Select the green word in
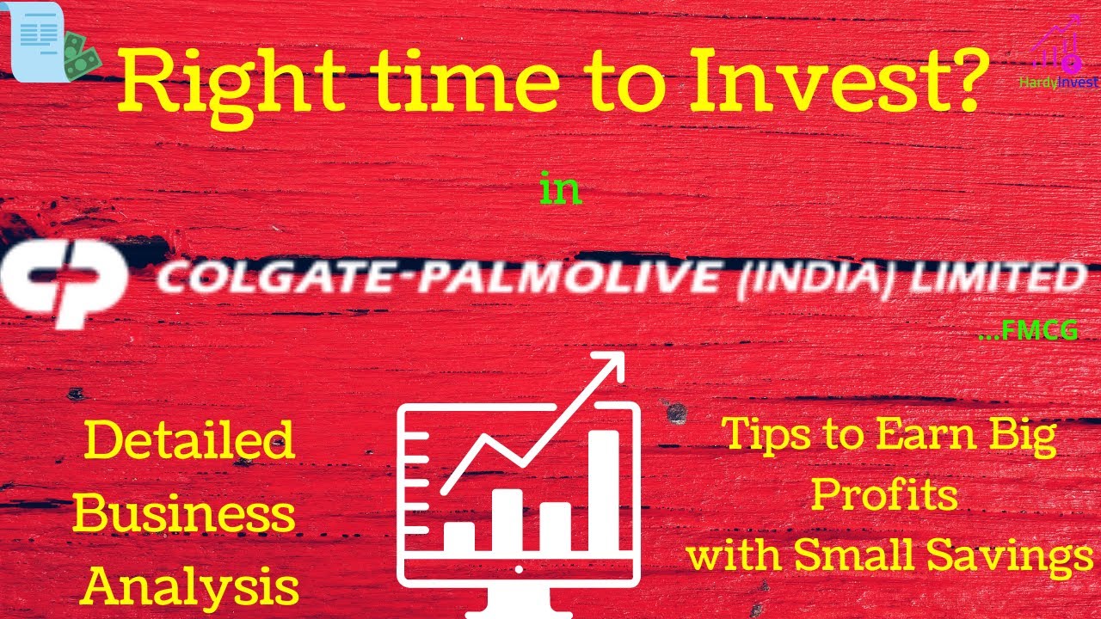click(560, 189)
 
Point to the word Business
click(184, 514)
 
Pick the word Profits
click(884, 496)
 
